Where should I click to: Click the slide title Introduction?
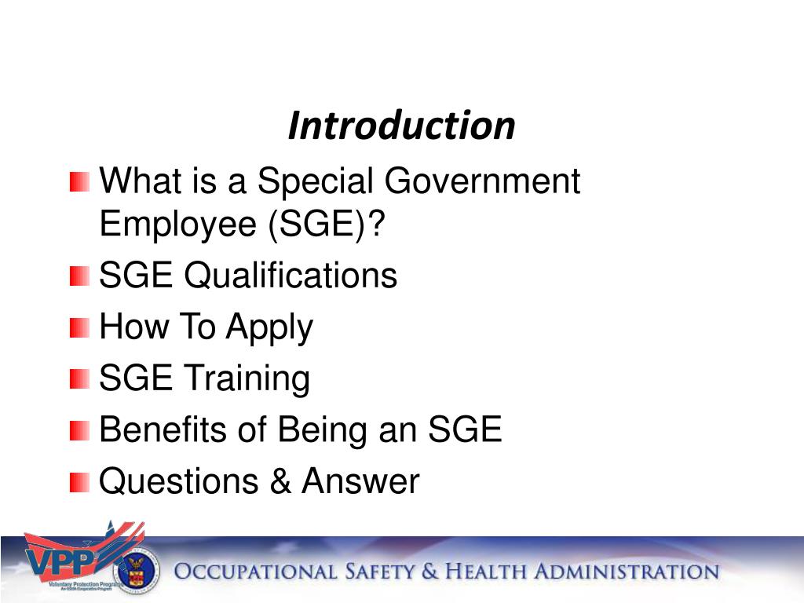point(401,126)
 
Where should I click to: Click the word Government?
point(482,182)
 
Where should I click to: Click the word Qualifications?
point(291,276)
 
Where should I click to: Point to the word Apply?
point(269,328)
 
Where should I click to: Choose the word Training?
point(247,379)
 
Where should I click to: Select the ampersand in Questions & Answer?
point(280,481)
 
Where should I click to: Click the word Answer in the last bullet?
point(360,481)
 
